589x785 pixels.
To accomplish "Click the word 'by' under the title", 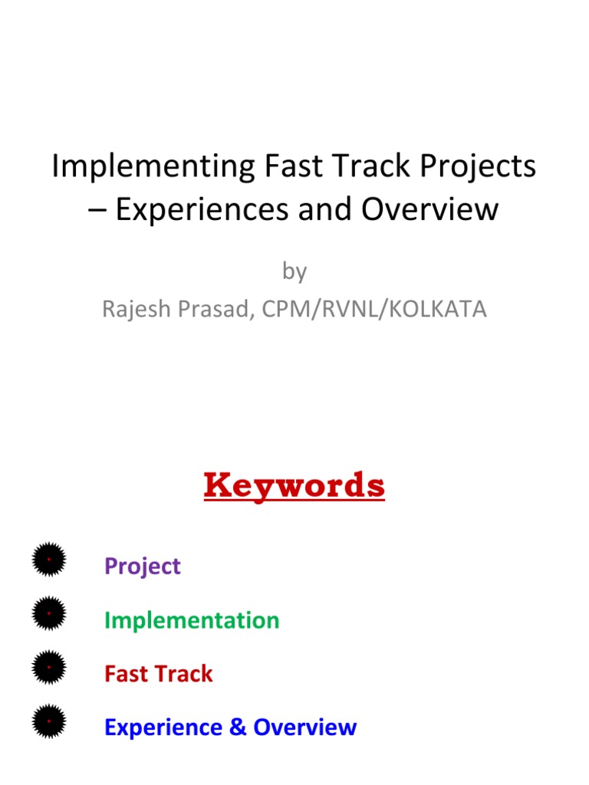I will pos(294,271).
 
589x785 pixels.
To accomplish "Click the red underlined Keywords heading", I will pos(294,485).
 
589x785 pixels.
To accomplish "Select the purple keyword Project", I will pos(143,567).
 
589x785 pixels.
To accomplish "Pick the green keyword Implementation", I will pos(192,620).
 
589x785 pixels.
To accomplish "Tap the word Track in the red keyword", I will pos(185,674).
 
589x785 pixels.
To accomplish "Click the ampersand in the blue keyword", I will pos(238,728).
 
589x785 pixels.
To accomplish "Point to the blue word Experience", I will pos(164,728).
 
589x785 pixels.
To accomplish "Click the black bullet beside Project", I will pos(49,560).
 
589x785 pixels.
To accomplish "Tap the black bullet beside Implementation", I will pos(49,613).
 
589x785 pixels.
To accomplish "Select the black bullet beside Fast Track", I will pos(49,667).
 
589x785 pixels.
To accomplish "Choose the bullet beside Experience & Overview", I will pos(49,721).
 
